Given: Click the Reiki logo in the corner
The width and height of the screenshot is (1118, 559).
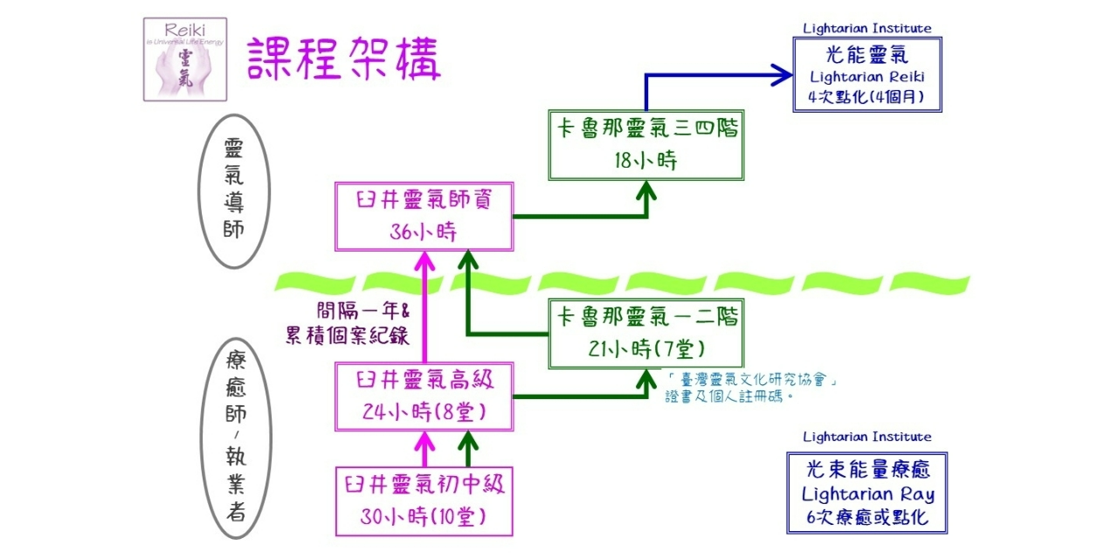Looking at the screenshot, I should click(184, 59).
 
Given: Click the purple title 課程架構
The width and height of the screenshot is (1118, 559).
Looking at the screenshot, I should click(344, 59).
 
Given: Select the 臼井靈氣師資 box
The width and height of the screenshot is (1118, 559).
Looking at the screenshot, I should click(424, 215).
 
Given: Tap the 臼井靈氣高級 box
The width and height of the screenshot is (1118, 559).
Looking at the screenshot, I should click(424, 397).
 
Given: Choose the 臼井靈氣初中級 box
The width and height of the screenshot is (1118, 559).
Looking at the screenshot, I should click(424, 501).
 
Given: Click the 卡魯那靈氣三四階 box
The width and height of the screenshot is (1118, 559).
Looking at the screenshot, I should click(646, 145).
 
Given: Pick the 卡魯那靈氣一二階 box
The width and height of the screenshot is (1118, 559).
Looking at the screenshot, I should click(646, 333).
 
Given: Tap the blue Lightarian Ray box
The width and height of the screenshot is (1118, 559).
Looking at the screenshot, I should click(866, 493).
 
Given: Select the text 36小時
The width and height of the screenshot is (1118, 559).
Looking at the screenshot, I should click(424, 232).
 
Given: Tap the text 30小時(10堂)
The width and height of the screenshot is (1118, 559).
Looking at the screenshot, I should click(424, 517).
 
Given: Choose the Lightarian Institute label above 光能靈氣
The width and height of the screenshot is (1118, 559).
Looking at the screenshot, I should click(866, 28).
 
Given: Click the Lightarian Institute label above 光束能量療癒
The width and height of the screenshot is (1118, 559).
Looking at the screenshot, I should click(866, 437).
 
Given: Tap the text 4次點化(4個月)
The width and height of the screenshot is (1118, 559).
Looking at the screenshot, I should click(866, 97).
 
